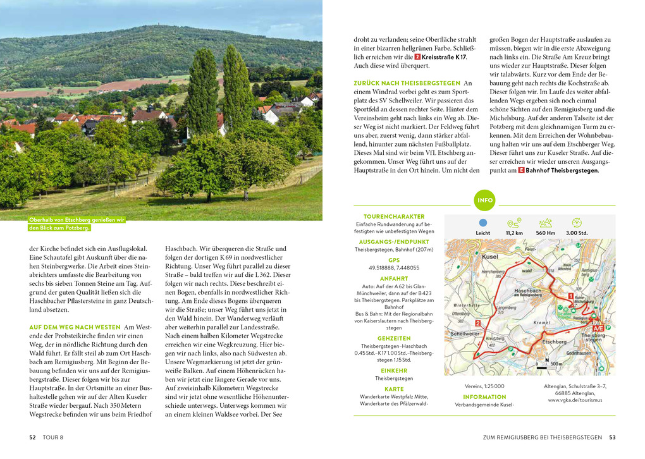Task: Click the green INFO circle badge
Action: (485, 200)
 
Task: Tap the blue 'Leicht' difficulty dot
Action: (483, 223)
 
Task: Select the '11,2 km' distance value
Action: (514, 233)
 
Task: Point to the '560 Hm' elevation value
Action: (545, 233)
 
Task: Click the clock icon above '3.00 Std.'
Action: (576, 223)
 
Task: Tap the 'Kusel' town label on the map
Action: (490, 257)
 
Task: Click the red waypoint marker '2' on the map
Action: (477, 323)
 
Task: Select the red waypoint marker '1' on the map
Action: (570, 295)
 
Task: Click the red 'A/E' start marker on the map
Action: (598, 329)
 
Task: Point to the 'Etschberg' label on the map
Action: (554, 341)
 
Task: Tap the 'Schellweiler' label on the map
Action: (465, 333)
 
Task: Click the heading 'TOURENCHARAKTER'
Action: (393, 216)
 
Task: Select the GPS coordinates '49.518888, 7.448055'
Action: (393, 267)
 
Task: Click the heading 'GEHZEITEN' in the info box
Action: (393, 338)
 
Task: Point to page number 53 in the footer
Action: (611, 437)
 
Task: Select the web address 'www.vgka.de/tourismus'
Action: (575, 400)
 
